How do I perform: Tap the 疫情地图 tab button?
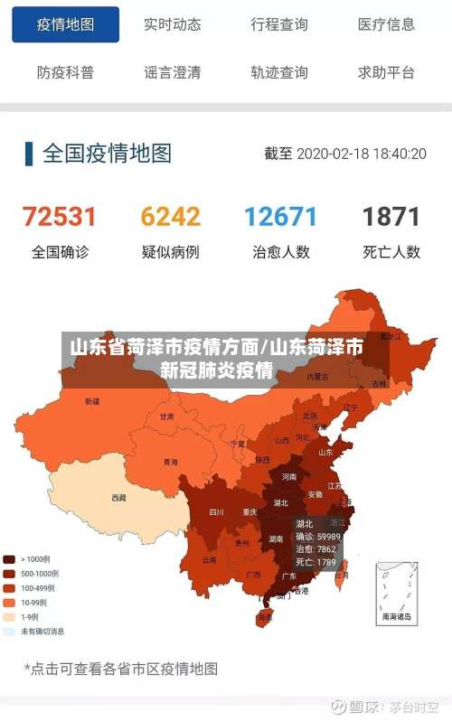(x=65, y=25)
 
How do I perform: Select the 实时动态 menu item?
(x=172, y=25)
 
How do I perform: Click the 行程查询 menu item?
(x=279, y=25)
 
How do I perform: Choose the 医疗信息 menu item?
(x=386, y=25)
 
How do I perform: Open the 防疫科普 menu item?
(x=65, y=72)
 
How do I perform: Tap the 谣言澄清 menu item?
(x=172, y=72)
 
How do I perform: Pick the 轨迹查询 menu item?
(x=279, y=72)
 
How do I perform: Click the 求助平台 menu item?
(x=386, y=72)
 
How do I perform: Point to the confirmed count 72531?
(x=60, y=217)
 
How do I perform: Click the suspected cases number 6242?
(x=170, y=217)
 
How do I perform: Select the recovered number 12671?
(x=280, y=217)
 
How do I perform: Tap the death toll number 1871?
(x=391, y=217)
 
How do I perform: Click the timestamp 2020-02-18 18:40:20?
(x=361, y=154)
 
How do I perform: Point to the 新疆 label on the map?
(x=92, y=401)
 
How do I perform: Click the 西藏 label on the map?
(x=119, y=497)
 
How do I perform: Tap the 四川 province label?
(x=216, y=511)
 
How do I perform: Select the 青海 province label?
(x=170, y=462)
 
